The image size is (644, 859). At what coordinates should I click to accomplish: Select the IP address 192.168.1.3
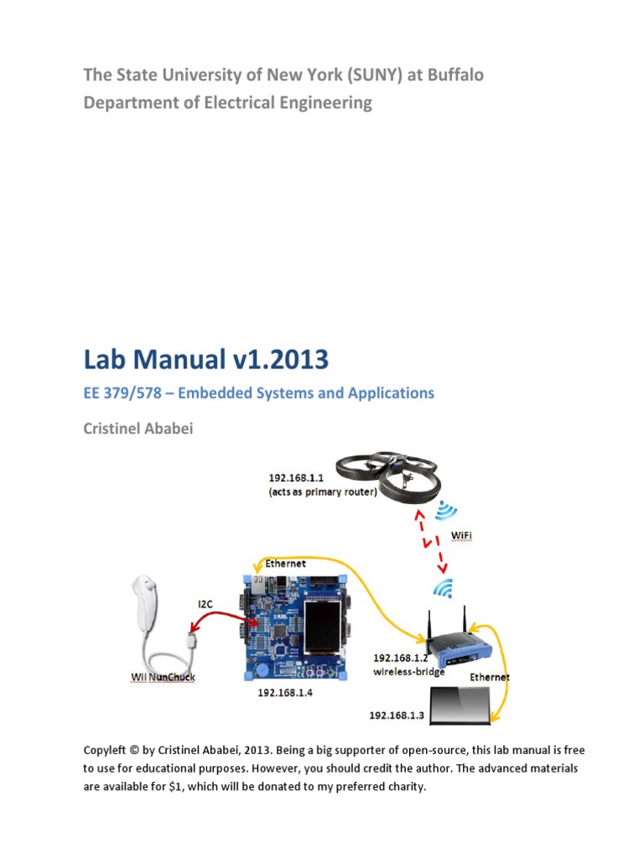click(x=398, y=716)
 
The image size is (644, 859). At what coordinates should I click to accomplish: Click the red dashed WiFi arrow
click(x=428, y=543)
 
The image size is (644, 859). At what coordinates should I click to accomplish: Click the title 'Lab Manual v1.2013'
click(x=205, y=360)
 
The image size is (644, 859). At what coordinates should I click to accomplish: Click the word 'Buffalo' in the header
click(x=454, y=75)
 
